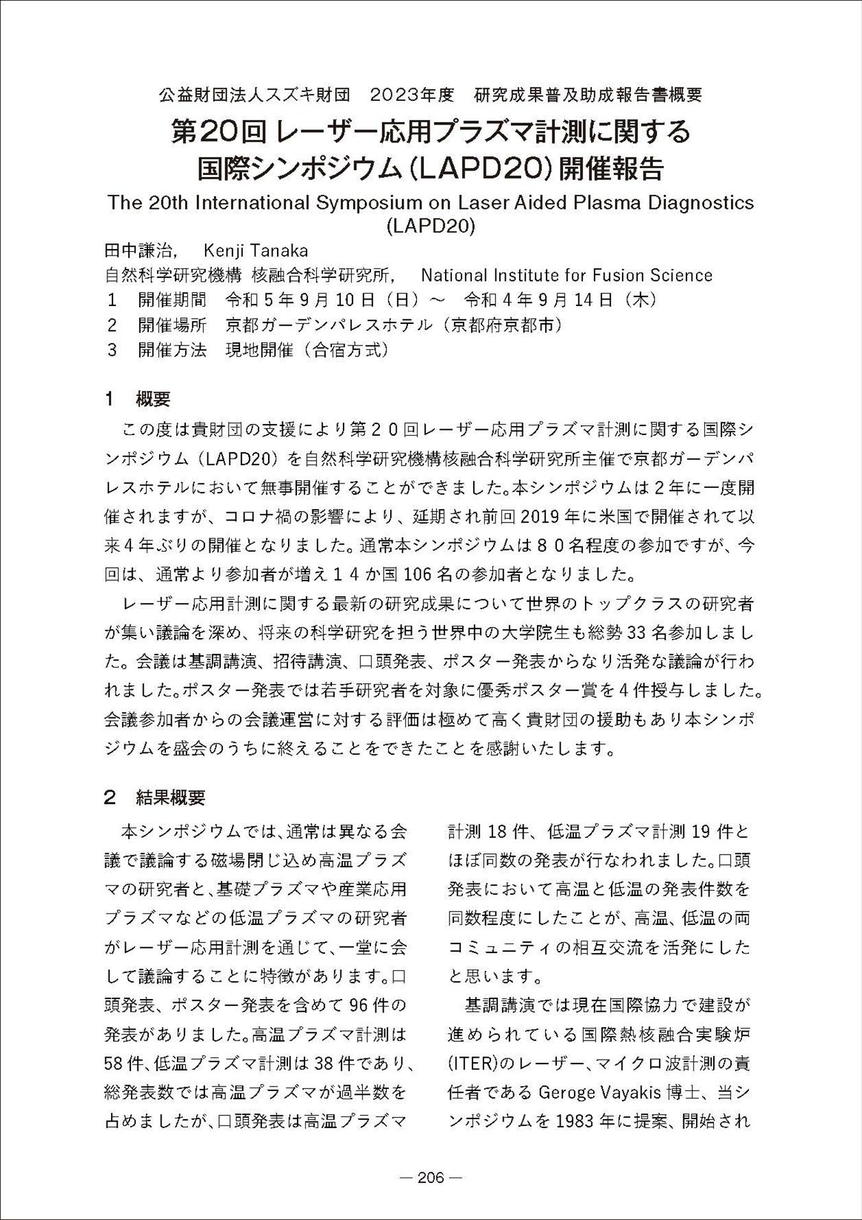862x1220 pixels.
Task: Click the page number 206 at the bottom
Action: tap(430, 1178)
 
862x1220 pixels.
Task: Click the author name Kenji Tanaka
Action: tap(255, 250)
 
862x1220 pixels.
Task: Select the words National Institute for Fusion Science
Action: tap(566, 275)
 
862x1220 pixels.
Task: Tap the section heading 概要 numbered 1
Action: tap(153, 399)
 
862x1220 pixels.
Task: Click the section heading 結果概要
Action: tap(170, 797)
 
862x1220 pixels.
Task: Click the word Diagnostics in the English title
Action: tap(701, 202)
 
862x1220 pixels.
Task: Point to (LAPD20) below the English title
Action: tap(431, 226)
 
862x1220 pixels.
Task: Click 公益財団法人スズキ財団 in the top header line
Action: tap(254, 95)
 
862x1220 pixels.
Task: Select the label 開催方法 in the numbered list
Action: tap(172, 350)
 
